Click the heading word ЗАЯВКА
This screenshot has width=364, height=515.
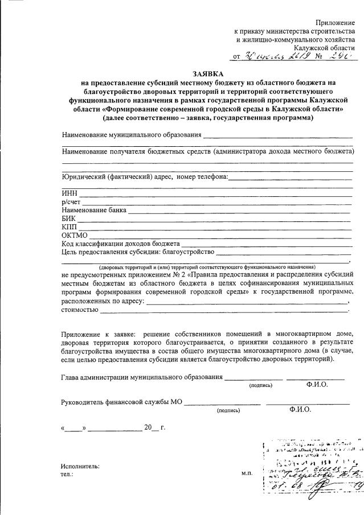pos(208,74)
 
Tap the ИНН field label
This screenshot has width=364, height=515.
pos(69,193)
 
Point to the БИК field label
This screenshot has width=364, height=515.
pos(69,219)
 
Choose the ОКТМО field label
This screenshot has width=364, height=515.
pos(74,236)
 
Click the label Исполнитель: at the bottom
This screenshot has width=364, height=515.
pos(80,466)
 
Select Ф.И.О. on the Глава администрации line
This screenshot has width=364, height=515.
pos(317,385)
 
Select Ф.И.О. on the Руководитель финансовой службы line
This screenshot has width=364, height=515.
pos(300,409)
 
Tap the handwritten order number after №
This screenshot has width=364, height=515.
pos(340,57)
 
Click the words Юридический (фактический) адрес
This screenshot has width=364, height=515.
pos(117,176)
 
